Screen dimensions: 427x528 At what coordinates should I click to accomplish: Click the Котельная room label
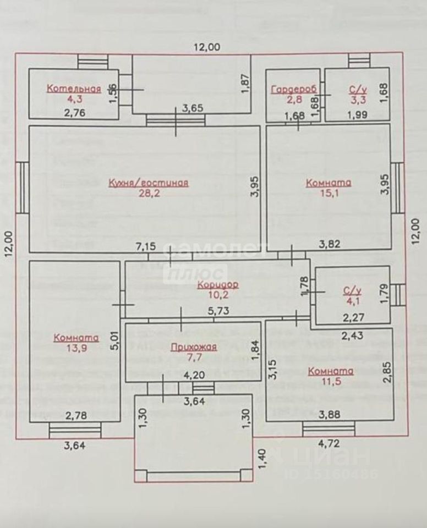(x=74, y=89)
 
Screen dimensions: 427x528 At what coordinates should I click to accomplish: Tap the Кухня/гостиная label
(x=149, y=183)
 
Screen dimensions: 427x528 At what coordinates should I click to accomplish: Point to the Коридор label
(x=218, y=284)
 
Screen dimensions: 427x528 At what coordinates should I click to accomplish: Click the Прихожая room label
(x=193, y=347)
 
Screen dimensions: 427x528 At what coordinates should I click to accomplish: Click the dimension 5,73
(x=218, y=311)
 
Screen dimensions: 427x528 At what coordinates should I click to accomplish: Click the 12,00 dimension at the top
(x=206, y=47)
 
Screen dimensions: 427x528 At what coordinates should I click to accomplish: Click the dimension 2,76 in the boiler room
(x=75, y=113)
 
